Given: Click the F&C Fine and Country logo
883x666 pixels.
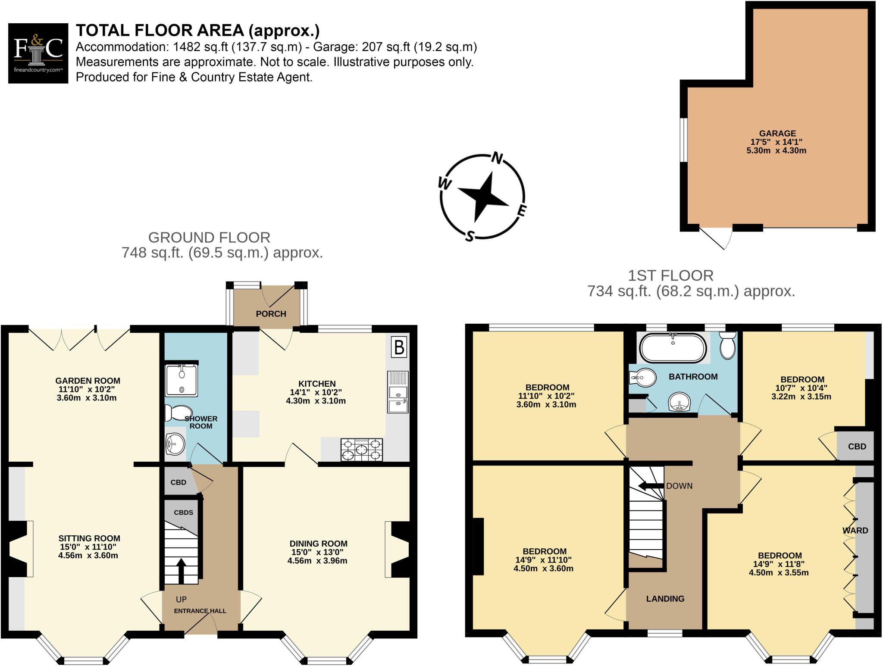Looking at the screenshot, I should click(38, 53).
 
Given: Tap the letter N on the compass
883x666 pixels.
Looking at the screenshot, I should click(497, 158).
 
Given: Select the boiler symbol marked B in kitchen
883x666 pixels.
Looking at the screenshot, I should click(399, 347).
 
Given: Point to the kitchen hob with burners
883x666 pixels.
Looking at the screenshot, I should click(361, 449).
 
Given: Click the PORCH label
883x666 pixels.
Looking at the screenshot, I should click(271, 314).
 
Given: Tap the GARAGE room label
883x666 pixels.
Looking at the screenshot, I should click(777, 134).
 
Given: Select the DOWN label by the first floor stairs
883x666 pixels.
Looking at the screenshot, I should click(679, 486).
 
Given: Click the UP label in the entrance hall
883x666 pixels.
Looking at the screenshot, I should click(181, 600).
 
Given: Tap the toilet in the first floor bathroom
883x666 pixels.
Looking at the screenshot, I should click(727, 346).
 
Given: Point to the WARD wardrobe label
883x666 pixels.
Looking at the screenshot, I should click(855, 530).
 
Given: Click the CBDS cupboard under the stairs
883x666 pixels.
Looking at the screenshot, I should click(183, 513).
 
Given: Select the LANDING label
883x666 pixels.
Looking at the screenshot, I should click(665, 599).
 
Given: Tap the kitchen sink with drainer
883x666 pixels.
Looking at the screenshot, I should click(398, 392).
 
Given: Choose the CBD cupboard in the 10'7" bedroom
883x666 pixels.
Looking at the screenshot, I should click(856, 447).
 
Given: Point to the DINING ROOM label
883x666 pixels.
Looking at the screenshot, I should click(318, 544).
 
